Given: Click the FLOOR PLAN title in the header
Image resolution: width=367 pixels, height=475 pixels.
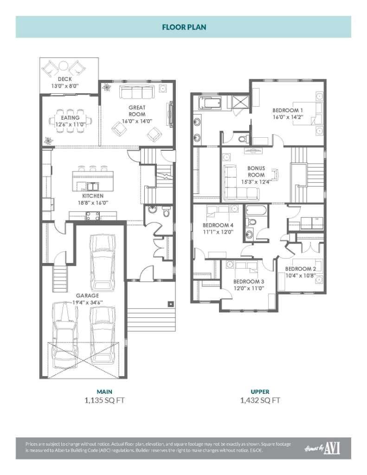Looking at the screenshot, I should (x=184, y=27).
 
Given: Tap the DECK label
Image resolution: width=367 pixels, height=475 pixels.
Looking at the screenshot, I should (x=64, y=79).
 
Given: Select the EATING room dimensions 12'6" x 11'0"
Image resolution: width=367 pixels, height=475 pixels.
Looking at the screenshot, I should (x=70, y=124).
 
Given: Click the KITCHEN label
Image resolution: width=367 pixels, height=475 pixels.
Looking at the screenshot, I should (x=93, y=196).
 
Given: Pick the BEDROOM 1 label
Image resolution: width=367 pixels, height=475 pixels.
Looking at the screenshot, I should (x=288, y=110).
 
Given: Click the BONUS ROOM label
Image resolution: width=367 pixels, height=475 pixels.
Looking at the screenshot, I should (x=256, y=171).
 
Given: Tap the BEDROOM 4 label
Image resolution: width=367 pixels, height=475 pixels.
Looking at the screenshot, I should (x=205, y=226).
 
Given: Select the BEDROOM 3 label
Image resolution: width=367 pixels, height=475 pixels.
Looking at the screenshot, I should (x=248, y=282).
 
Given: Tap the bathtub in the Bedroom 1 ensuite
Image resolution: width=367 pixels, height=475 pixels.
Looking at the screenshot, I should (x=212, y=103).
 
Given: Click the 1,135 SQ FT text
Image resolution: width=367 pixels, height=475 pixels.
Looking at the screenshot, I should (x=104, y=400).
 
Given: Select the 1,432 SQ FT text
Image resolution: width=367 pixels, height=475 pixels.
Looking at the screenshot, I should (x=260, y=400).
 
